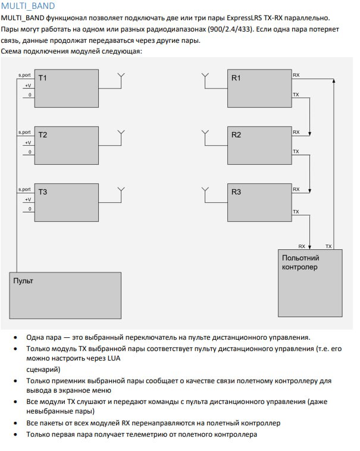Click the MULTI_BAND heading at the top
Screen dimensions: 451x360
click(x=28, y=6)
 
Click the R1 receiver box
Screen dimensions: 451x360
click(x=259, y=90)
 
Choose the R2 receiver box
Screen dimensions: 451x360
click(x=259, y=146)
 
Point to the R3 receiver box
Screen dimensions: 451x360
click(x=259, y=203)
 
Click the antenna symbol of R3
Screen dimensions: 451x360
click(x=205, y=192)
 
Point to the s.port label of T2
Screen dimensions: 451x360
click(x=24, y=132)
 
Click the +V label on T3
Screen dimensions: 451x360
click(x=27, y=199)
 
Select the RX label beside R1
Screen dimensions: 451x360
click(x=296, y=75)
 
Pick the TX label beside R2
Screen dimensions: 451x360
click(x=296, y=152)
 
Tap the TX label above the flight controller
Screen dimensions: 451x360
click(x=329, y=246)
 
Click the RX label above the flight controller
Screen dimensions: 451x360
click(x=302, y=246)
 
